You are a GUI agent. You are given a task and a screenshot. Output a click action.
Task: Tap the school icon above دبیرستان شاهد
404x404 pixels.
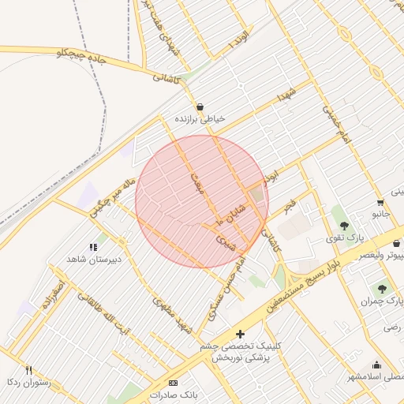tap(93, 248)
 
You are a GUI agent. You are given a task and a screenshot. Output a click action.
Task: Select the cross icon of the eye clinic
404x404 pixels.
tap(240, 334)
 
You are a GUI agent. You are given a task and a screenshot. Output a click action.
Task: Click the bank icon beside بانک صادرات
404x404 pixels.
tap(174, 383)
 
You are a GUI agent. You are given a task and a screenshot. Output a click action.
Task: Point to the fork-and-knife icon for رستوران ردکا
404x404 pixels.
tap(29, 369)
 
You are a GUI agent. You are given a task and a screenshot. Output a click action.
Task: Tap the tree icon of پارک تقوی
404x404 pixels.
tap(344, 226)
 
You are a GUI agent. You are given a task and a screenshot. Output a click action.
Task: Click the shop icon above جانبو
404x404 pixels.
tap(380, 200)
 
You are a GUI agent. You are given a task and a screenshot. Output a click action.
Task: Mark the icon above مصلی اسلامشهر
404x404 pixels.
tap(376, 365)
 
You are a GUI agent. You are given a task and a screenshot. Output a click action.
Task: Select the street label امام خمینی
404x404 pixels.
tap(339, 122)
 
